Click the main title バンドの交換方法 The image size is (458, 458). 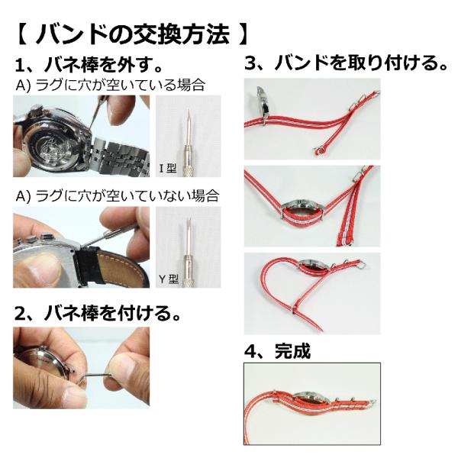[132, 34]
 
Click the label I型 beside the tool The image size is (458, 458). [168, 168]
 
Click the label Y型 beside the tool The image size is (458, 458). [169, 279]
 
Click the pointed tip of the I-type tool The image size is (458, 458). [189, 109]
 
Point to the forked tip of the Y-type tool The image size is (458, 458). [189, 220]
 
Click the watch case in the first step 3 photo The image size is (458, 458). [264, 105]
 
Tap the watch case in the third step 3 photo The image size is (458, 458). [316, 264]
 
